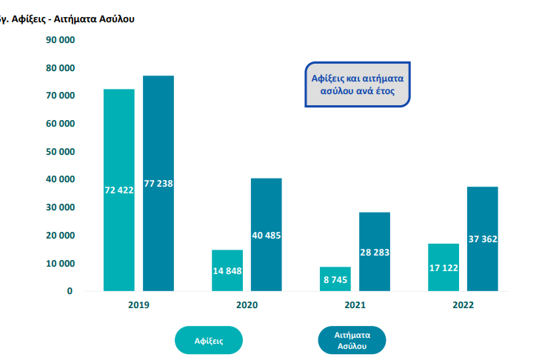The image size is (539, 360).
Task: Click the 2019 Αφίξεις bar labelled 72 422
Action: (119, 190)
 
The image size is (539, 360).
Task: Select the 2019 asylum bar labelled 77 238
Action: (158, 183)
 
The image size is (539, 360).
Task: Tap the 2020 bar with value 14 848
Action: (227, 270)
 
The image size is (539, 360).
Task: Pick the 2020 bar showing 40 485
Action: (267, 234)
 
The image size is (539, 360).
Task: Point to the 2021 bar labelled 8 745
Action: (335, 279)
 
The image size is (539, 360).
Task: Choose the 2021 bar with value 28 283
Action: (375, 251)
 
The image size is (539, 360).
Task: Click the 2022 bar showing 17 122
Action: (443, 267)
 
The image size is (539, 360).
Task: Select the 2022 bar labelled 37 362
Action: (483, 239)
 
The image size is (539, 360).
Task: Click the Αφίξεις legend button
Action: (209, 341)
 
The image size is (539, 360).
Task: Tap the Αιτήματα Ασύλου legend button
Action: (352, 341)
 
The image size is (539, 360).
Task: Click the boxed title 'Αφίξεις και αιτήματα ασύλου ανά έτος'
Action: (359, 83)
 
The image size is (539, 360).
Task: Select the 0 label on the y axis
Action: (70, 291)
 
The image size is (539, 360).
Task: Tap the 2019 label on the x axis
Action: (138, 304)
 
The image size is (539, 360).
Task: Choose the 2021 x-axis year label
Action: (355, 304)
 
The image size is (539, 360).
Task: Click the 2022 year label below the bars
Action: (463, 304)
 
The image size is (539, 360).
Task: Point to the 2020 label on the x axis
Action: (247, 304)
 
